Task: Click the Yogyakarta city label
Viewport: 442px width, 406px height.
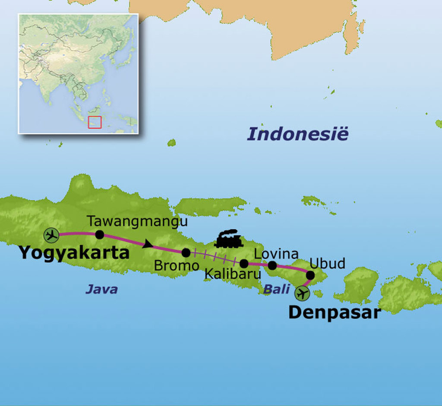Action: [x=74, y=253]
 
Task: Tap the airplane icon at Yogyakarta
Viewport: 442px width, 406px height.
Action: [x=51, y=235]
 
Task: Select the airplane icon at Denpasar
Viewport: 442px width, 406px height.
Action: [x=302, y=294]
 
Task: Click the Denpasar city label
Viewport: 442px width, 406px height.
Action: [x=334, y=312]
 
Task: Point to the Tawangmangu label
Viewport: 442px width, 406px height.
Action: [x=137, y=221]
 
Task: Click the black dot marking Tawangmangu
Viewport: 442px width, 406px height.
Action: [x=100, y=235]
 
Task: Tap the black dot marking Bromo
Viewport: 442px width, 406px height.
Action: [x=186, y=253]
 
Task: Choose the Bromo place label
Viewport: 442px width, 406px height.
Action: [x=177, y=266]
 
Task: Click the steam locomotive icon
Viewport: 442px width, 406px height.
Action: [x=228, y=239]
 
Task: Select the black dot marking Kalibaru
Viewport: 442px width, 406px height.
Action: [x=244, y=263]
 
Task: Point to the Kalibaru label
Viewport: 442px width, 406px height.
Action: [x=233, y=274]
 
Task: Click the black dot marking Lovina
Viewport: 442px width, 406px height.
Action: [x=272, y=265]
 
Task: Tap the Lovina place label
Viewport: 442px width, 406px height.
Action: [x=276, y=254]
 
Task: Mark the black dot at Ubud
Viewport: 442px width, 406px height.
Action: [x=310, y=275]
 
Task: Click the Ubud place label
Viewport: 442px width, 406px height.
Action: [x=327, y=263]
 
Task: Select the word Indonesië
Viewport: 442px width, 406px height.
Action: [x=297, y=134]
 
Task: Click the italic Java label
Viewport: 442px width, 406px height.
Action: [x=101, y=289]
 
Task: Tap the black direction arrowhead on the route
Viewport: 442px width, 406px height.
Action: [x=148, y=244]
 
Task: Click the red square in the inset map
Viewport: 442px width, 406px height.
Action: [x=95, y=122]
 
